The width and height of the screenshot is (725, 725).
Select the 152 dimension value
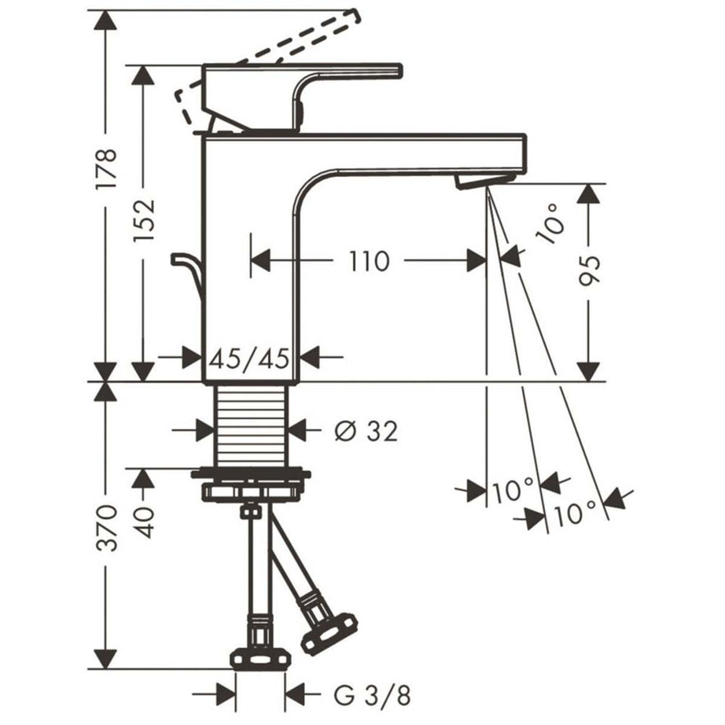[x=143, y=222]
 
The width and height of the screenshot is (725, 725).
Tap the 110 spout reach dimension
[x=369, y=261]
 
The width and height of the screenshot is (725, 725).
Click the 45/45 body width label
[x=249, y=359]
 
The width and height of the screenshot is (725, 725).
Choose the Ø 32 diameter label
[x=366, y=432]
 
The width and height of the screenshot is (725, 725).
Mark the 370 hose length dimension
[x=106, y=527]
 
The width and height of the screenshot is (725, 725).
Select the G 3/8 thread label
[x=372, y=695]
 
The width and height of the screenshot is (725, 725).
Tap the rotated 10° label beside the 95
[x=550, y=223]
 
